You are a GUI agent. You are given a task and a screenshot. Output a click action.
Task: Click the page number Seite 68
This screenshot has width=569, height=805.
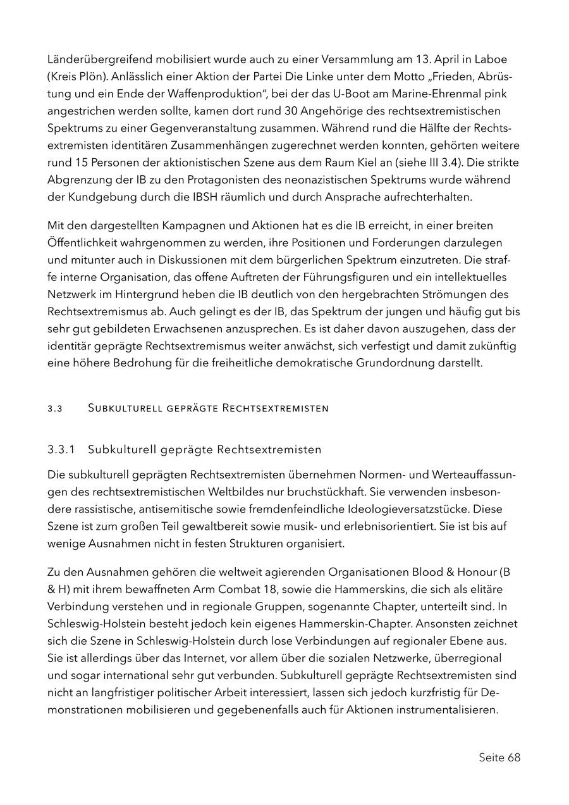499,757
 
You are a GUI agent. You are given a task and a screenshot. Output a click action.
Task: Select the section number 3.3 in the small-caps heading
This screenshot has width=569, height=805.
54,408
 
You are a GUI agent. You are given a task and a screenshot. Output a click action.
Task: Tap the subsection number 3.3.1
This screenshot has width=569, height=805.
61,450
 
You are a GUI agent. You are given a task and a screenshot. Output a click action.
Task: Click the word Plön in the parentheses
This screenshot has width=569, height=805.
89,77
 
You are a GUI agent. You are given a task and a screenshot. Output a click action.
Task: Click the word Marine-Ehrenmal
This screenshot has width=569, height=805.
434,94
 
